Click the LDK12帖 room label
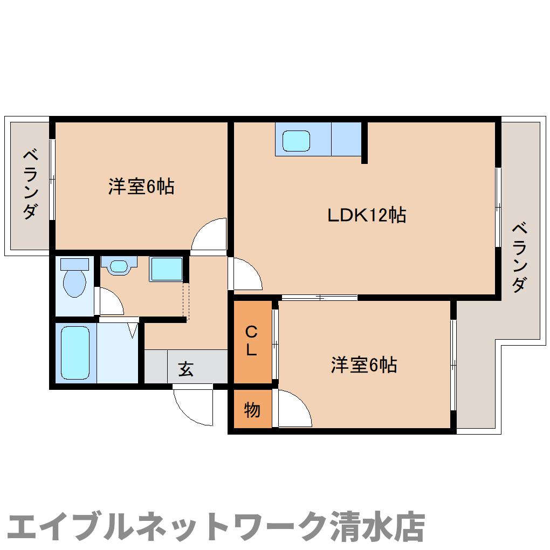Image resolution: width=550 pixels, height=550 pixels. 367,216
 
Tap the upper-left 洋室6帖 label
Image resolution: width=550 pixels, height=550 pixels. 141,187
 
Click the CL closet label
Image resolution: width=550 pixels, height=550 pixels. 251,340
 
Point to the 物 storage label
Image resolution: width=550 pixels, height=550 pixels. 252,410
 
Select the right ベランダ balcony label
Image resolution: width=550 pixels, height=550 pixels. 519,256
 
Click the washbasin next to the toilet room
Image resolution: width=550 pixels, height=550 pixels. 119,266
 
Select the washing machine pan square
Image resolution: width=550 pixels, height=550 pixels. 166,269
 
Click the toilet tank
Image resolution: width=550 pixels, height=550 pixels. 74,264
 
